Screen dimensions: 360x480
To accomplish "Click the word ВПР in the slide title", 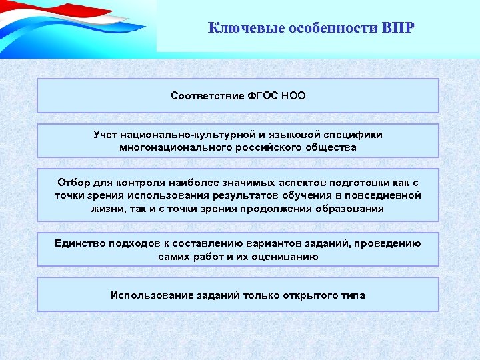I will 398,28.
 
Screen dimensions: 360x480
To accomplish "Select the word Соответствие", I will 203,95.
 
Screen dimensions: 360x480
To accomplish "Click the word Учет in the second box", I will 106,135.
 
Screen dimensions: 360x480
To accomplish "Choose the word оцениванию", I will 289,256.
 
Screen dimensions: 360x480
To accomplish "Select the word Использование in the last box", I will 145,295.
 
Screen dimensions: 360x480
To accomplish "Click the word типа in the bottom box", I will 352,295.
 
